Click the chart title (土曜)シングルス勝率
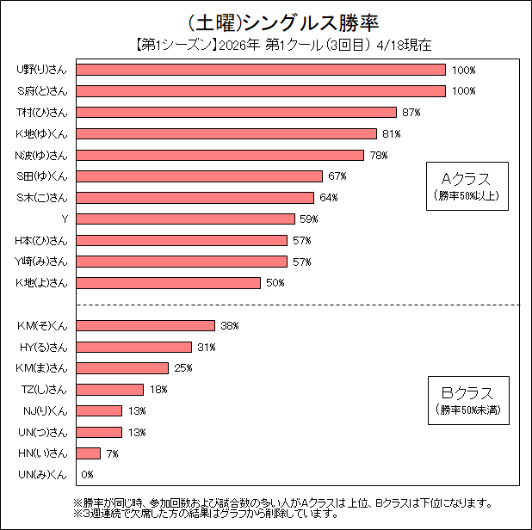click(x=265, y=19)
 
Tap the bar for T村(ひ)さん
click(x=237, y=112)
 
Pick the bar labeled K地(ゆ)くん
click(x=227, y=133)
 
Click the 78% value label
click(x=379, y=155)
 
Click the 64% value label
click(x=329, y=198)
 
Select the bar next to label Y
click(x=189, y=219)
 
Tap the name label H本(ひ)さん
click(x=41, y=240)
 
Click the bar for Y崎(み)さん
click(x=182, y=262)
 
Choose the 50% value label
click(x=275, y=283)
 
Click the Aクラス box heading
click(x=465, y=179)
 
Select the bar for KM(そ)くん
click(x=145, y=325)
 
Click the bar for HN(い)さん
click(x=89, y=453)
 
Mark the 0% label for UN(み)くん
click(x=87, y=475)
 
